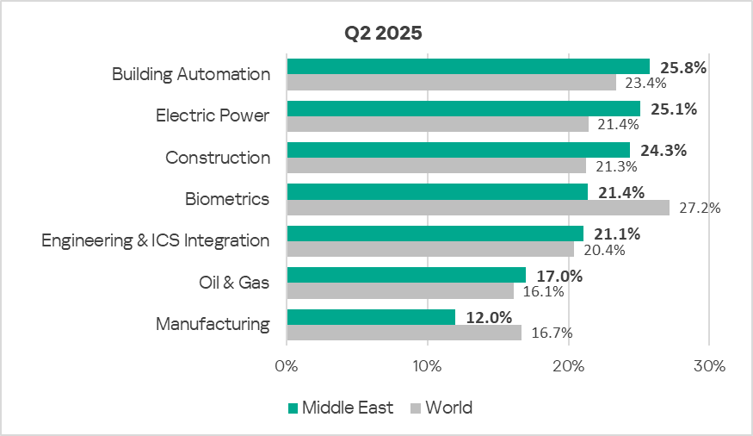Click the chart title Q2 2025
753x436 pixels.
(x=384, y=34)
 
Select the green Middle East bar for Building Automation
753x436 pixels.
(x=468, y=66)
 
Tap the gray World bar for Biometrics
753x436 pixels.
(x=478, y=208)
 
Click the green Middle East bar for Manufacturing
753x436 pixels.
(x=371, y=317)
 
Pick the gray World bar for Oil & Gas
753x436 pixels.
(x=400, y=291)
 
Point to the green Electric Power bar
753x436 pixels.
(x=463, y=109)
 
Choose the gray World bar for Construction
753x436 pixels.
(x=436, y=165)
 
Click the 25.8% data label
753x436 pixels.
(x=683, y=67)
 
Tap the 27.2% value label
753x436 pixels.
(x=698, y=208)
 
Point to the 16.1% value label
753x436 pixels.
(x=542, y=292)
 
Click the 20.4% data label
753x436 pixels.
(x=602, y=250)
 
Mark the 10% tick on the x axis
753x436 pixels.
(x=428, y=365)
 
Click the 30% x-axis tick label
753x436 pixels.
(x=709, y=365)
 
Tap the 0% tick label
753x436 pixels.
(x=287, y=365)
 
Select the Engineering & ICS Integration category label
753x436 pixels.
(x=156, y=240)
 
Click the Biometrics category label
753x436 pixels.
(x=227, y=199)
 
